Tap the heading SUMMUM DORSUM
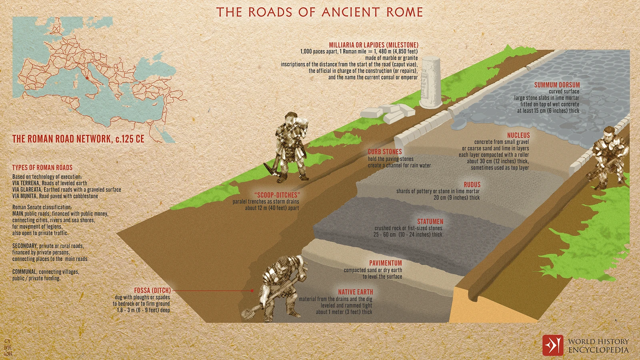(x=557, y=85)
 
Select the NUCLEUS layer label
(x=518, y=135)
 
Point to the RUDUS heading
(x=472, y=184)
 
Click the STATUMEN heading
(x=430, y=221)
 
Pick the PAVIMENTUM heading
(x=385, y=263)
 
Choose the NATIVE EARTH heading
(x=355, y=292)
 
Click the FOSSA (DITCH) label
(x=152, y=290)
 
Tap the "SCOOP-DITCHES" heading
(x=277, y=195)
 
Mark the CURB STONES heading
(x=384, y=152)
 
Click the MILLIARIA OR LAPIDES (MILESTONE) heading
(x=373, y=45)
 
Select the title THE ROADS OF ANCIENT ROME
(x=320, y=12)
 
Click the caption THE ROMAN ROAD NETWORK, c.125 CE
(x=78, y=139)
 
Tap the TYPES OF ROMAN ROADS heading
(x=42, y=167)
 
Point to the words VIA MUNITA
(x=25, y=196)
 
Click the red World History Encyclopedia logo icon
(x=552, y=345)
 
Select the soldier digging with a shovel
(x=280, y=286)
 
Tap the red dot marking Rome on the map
(x=88, y=78)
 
